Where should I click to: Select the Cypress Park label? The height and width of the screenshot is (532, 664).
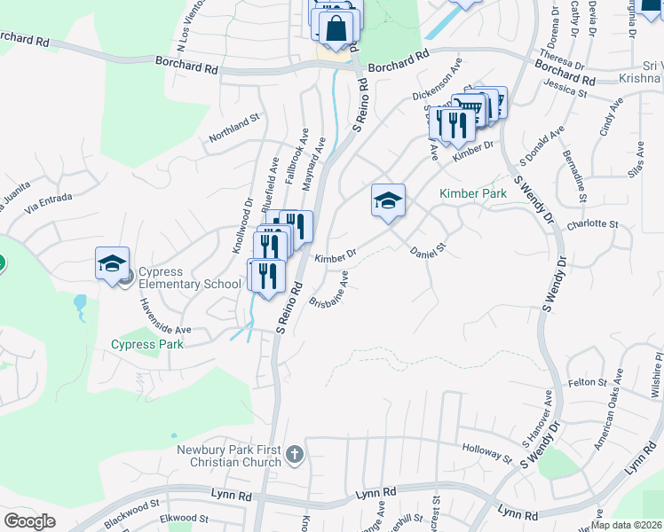pyautogui.click(x=147, y=344)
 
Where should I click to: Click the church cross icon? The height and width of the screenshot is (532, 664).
pyautogui.click(x=296, y=456)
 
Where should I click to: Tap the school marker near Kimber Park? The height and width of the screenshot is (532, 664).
pyautogui.click(x=388, y=202)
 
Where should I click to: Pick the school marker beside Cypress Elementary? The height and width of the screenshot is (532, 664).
pyautogui.click(x=113, y=263)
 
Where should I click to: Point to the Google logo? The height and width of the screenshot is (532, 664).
pyautogui.click(x=29, y=520)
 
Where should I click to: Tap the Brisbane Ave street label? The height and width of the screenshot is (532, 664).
pyautogui.click(x=328, y=289)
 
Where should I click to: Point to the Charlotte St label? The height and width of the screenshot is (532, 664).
pyautogui.click(x=591, y=224)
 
